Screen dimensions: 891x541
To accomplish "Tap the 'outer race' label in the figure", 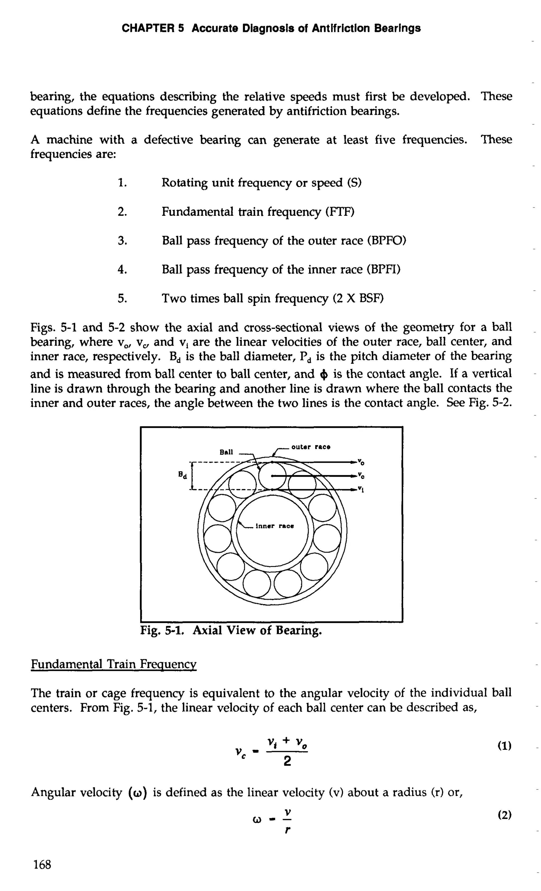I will point(311,447).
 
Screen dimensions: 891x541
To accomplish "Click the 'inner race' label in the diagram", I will point(274,526).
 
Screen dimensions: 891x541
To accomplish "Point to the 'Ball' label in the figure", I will point(226,452).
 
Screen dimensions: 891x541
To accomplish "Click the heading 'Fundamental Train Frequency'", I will point(113,664).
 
